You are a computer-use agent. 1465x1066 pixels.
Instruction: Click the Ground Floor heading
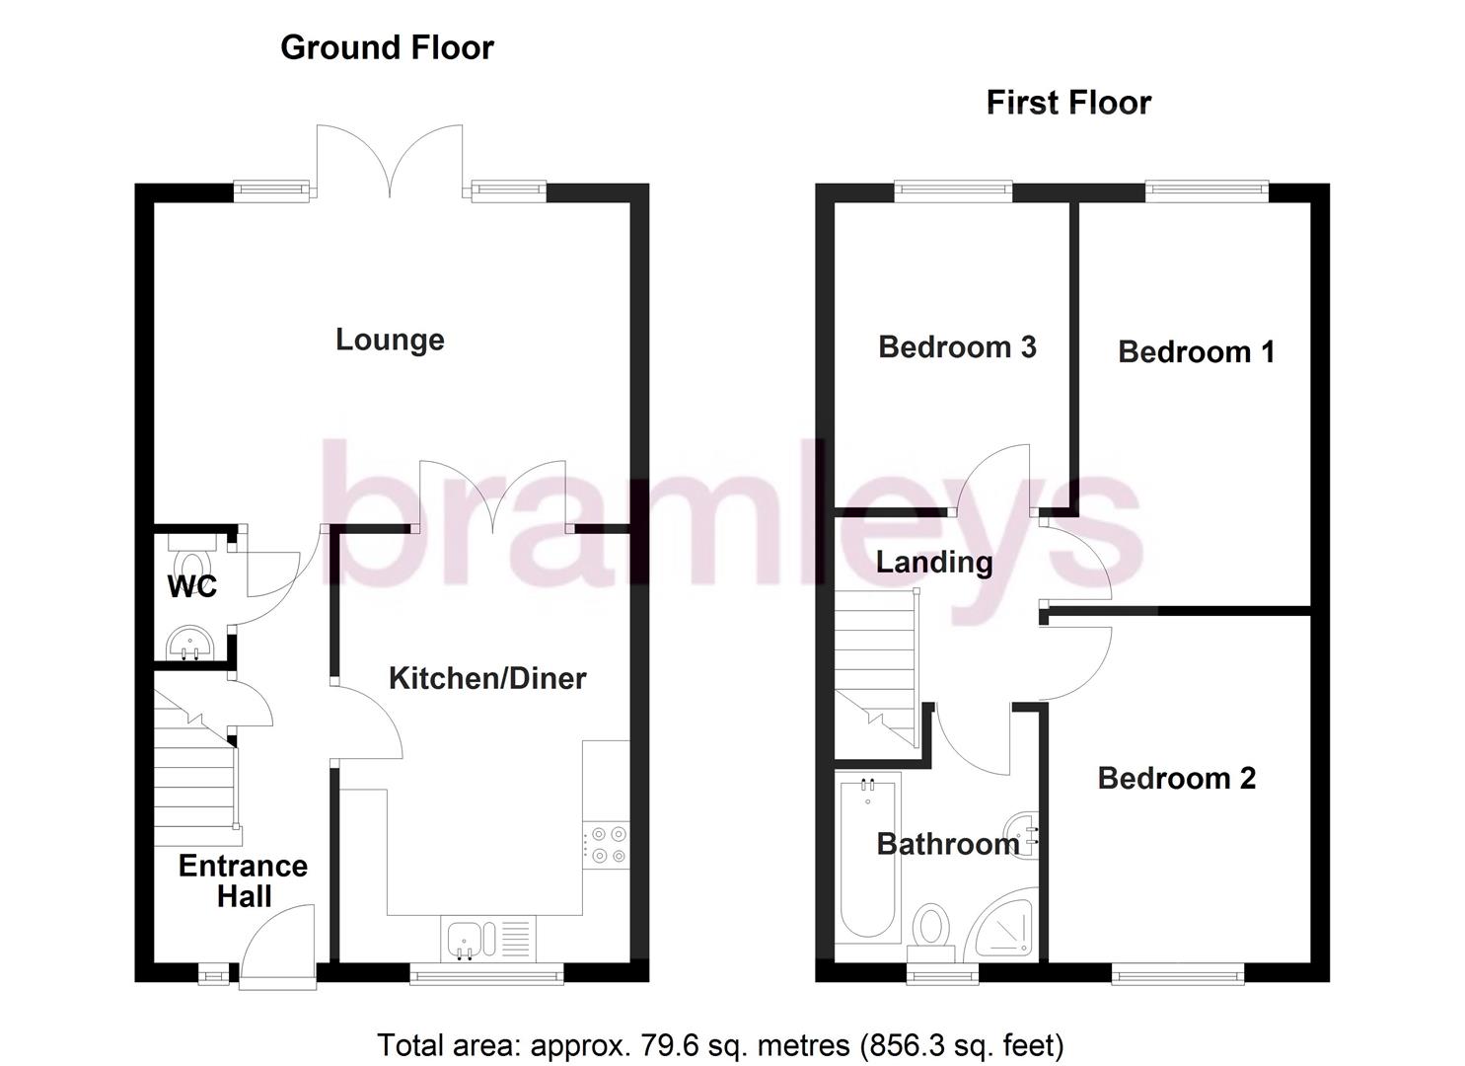387,47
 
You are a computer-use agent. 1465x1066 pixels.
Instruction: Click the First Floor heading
1068,103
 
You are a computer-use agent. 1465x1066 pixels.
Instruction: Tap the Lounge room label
390,340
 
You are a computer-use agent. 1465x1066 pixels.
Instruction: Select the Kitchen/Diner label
487,678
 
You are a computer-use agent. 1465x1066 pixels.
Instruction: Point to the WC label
191,586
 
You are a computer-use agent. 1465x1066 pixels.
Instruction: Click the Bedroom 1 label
1196,351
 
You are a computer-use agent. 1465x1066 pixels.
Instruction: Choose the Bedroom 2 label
1176,778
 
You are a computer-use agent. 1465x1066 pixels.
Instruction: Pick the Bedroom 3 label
957,346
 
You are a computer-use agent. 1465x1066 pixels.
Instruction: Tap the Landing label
934,562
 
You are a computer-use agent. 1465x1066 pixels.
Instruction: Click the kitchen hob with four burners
607,845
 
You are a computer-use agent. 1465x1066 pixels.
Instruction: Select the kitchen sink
463,939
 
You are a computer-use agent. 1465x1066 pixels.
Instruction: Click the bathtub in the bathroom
867,857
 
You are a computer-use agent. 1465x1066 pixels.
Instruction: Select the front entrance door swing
278,949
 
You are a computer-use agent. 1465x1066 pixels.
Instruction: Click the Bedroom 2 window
1177,975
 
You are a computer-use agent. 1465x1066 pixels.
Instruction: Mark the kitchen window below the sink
486,976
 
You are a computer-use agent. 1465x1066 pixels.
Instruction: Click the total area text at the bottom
720,1044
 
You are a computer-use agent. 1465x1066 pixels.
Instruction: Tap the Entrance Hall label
243,880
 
